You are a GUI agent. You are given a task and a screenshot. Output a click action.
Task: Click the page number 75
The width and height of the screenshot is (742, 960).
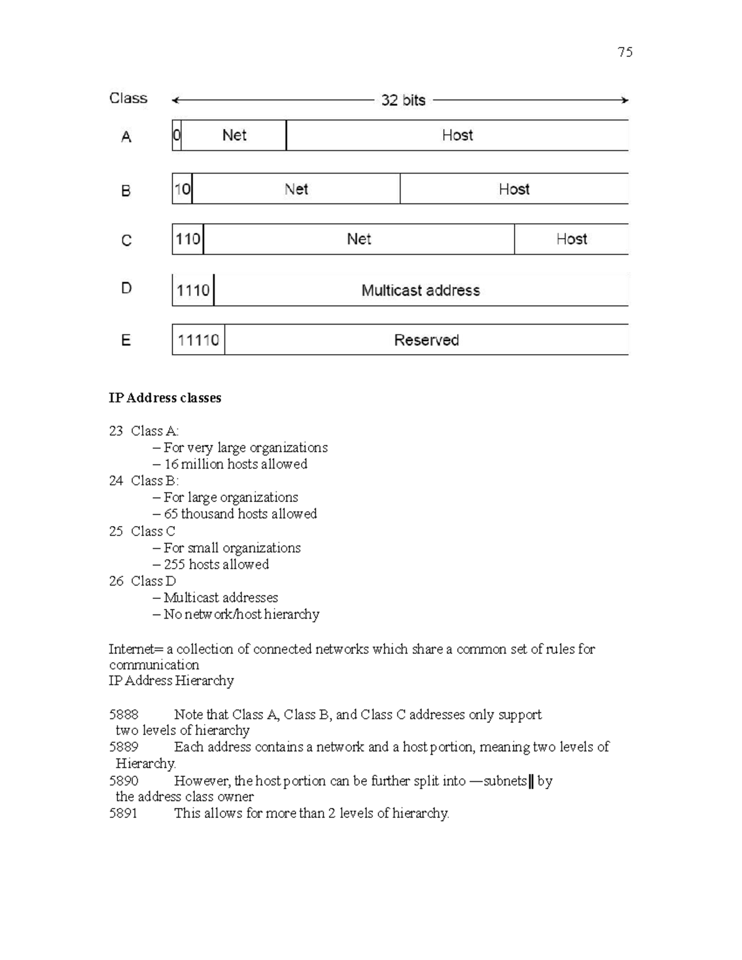coord(625,52)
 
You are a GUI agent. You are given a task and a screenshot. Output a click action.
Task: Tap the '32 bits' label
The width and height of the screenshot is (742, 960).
coord(403,100)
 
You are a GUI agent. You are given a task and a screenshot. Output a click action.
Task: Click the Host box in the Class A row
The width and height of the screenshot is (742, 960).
coord(457,135)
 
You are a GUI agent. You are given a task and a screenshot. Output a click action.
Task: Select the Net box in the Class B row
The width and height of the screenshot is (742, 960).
coord(296,189)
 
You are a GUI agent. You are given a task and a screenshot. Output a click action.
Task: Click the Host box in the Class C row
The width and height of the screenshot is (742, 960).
coord(571,239)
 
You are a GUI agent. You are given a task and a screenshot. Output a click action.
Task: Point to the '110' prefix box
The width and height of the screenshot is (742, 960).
coord(187,239)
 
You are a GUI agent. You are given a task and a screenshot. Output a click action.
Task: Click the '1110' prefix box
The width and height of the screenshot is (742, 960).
coord(193,291)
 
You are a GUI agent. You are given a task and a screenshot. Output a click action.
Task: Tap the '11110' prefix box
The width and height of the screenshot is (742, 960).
coord(198,340)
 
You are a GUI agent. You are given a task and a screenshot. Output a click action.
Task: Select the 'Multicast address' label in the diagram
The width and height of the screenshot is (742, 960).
coord(420,291)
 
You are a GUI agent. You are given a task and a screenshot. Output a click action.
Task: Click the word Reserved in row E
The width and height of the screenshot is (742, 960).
coord(426,340)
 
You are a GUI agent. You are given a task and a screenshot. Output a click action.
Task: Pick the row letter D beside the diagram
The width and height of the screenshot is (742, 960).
coord(126,289)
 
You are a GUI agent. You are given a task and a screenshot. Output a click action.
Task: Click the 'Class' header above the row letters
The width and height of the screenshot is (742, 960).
coord(128,98)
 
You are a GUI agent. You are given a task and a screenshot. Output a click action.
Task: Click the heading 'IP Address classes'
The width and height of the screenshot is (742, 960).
coord(164,398)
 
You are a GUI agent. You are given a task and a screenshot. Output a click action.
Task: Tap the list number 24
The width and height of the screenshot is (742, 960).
coord(116,481)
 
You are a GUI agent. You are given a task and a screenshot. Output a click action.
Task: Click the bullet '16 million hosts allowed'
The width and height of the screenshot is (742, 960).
coord(235,464)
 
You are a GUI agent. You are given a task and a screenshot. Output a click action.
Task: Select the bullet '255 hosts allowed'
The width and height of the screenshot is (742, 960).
coord(216,564)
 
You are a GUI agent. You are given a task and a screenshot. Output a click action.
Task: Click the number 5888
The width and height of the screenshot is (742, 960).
coord(124,715)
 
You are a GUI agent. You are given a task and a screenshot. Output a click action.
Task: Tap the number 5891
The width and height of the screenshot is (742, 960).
coord(123,813)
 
